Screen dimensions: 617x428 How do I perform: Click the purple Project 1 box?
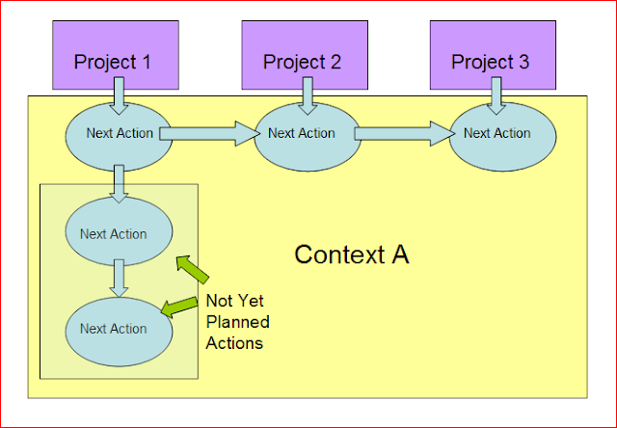(x=116, y=55)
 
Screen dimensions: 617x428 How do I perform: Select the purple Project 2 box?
(x=305, y=55)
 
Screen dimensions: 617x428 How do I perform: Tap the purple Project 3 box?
(x=493, y=55)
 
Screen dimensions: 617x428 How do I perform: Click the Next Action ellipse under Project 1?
(x=119, y=137)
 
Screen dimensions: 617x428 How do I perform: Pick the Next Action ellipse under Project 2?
(x=308, y=137)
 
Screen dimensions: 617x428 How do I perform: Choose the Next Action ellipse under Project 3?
(x=502, y=137)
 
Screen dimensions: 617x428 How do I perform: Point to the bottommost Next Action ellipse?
(x=119, y=332)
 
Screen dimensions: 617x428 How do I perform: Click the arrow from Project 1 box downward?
(x=119, y=96)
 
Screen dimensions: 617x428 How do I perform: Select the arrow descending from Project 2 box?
(x=308, y=96)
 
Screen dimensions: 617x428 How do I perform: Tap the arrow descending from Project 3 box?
(x=496, y=96)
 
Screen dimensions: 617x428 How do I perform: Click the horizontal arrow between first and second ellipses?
(x=210, y=134)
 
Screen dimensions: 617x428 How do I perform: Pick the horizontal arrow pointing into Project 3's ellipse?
(x=405, y=134)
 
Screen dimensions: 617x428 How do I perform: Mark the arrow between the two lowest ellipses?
(x=119, y=279)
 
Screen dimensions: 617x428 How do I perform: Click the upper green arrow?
(x=192, y=270)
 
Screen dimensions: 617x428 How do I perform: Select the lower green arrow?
(x=179, y=307)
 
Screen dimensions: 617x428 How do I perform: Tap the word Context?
(x=338, y=254)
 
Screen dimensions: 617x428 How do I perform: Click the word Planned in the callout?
(x=238, y=322)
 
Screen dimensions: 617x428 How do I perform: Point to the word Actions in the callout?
(x=234, y=343)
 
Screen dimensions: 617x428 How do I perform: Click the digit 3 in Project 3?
(x=523, y=62)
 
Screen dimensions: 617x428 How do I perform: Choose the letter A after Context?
(x=400, y=254)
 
